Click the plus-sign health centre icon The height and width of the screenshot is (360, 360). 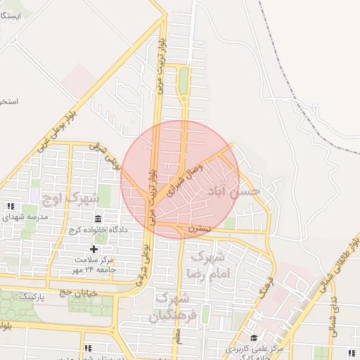click(94, 249)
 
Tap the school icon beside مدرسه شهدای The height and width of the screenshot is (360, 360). click(11, 206)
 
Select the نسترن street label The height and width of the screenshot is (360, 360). click(200, 229)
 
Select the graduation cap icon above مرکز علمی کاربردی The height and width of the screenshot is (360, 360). click(254, 337)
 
